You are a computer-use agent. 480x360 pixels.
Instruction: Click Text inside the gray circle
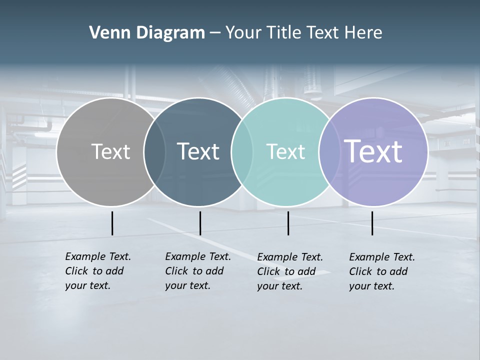tap(110, 151)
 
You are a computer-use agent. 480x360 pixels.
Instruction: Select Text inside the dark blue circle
tap(198, 151)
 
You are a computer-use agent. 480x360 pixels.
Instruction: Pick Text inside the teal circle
tap(285, 151)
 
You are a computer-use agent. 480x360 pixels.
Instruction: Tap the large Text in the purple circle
tap(373, 151)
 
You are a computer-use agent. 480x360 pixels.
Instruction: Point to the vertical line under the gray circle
tap(112, 223)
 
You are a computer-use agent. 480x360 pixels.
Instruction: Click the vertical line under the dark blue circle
tap(200, 223)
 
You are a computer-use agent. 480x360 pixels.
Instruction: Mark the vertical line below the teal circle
tap(288, 223)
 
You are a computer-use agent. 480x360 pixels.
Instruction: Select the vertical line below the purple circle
tap(372, 223)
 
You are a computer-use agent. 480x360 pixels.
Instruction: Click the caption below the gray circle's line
tap(98, 271)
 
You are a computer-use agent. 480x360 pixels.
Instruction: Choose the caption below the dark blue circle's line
tap(198, 271)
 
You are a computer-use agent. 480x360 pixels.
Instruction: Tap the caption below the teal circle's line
tap(290, 271)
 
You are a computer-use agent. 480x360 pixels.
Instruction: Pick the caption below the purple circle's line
tap(382, 271)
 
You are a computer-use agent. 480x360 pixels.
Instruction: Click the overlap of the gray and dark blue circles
tap(154, 152)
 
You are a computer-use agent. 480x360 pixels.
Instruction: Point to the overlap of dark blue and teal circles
tap(242, 152)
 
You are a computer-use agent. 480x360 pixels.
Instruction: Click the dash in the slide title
tap(215, 33)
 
